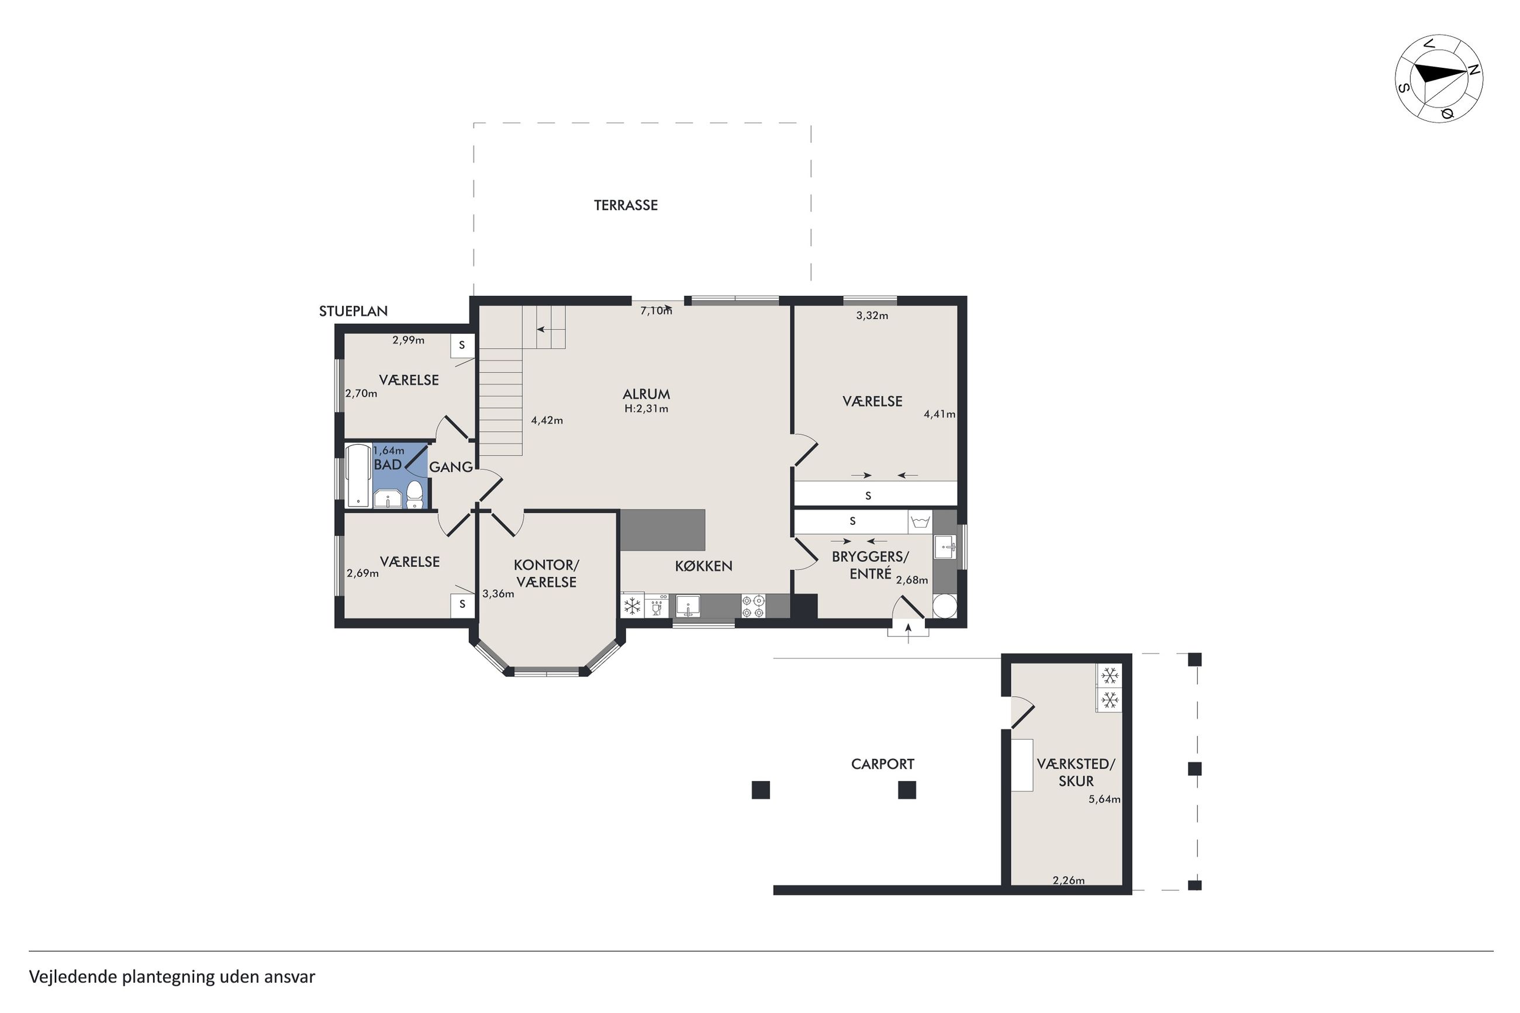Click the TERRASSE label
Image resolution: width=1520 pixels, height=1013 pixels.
[x=626, y=205]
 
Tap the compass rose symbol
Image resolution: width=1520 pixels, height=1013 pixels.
[x=1439, y=78]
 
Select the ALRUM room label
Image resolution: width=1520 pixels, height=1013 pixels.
[x=646, y=393]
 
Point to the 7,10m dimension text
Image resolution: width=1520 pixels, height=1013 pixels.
[x=656, y=311]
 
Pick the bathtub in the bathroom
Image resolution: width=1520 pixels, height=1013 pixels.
[x=357, y=475]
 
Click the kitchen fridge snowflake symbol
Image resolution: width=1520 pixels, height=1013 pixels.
[x=633, y=606]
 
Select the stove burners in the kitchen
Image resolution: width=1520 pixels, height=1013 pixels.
[x=752, y=606]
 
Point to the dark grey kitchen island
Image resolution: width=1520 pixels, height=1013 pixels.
[x=663, y=530]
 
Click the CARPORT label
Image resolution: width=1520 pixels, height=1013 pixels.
[x=882, y=763]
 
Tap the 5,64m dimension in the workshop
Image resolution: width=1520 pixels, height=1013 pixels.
[x=1104, y=798]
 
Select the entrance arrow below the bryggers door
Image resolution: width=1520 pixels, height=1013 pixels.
[x=908, y=632]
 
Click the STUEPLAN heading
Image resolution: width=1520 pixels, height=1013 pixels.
[x=353, y=311]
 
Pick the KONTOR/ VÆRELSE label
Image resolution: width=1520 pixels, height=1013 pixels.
[x=547, y=573]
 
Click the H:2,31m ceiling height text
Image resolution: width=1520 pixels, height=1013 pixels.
[x=646, y=409]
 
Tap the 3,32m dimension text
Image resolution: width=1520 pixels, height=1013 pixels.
[x=872, y=315]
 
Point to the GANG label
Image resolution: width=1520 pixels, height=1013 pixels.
[x=451, y=466]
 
